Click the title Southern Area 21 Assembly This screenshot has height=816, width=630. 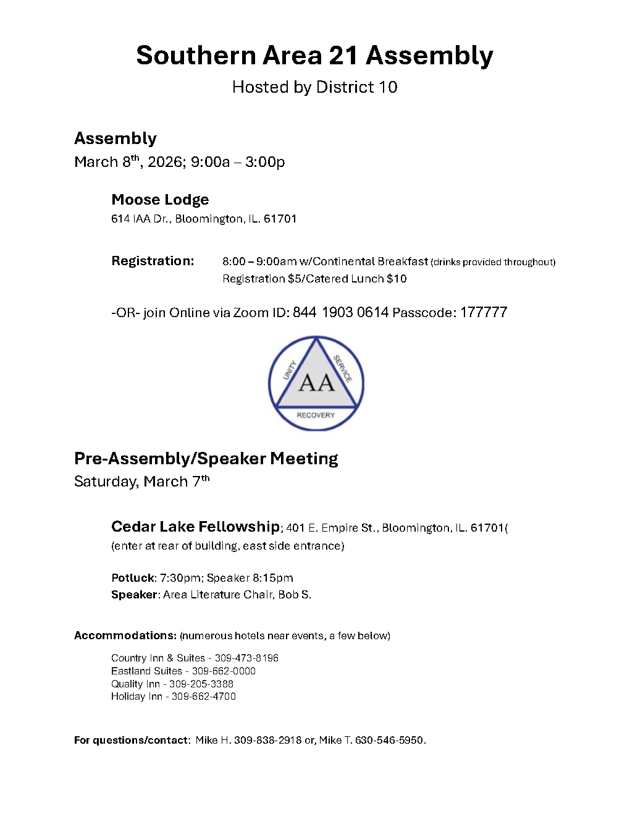pos(314,56)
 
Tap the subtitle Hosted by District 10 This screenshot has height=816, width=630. pos(314,87)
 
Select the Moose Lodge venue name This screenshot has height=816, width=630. pos(160,200)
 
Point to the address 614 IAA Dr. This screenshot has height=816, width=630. pos(141,219)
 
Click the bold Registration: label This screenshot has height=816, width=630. pos(153,261)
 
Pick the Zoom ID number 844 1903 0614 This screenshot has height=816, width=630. pos(340,312)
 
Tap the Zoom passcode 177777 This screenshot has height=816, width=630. pos(484,312)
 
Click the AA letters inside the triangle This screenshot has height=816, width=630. pos(316,383)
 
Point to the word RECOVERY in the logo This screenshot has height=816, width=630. pos(316,415)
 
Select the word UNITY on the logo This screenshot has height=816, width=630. pos(290,370)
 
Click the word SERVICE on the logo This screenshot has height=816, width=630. pos(343,368)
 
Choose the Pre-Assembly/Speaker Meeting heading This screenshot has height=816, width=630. pos(206,459)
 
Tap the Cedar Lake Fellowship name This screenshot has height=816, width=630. pos(195,527)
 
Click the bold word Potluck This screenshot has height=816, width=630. pos(133,578)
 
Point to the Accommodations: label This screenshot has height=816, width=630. pos(125,635)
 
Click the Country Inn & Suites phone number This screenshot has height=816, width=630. pos(246,658)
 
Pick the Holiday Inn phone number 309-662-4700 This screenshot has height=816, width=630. pos(204,697)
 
